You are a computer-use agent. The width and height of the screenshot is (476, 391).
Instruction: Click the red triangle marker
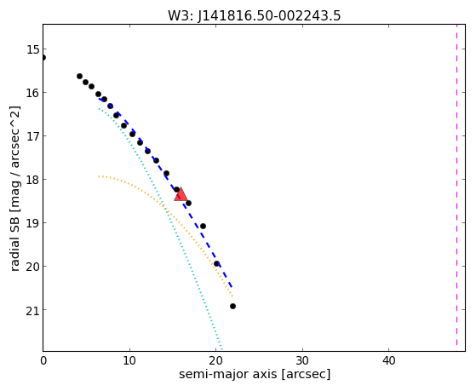[181, 194]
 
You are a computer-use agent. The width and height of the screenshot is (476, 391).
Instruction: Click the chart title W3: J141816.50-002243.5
[255, 16]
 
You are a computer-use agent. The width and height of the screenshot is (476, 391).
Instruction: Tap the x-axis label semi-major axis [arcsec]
[255, 374]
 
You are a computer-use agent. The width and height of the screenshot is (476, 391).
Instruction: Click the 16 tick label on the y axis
[32, 93]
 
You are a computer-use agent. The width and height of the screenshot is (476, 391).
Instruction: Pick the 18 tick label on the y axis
[32, 180]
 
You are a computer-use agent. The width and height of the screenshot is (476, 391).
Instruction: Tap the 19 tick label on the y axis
[32, 223]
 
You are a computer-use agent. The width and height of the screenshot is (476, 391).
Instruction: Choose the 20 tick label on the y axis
[32, 267]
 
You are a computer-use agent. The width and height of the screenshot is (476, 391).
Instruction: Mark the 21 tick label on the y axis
[32, 310]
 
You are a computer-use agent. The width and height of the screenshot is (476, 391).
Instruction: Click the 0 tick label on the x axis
[43, 361]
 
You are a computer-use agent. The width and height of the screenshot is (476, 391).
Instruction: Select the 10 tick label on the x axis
[129, 361]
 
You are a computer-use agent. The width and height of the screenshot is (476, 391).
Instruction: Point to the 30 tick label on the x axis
[302, 361]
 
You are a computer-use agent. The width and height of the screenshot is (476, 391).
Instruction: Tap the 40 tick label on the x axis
[388, 361]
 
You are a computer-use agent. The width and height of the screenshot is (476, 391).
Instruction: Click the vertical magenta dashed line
[456, 186]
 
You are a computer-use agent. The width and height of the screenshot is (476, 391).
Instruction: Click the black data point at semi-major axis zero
[43, 57]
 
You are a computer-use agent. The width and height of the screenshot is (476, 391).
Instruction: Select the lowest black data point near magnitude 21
[232, 306]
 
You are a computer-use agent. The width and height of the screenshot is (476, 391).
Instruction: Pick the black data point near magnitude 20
[216, 264]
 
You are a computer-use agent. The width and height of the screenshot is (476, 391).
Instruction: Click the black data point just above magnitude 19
[204, 227]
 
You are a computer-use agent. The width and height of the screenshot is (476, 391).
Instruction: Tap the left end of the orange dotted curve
[99, 176]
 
